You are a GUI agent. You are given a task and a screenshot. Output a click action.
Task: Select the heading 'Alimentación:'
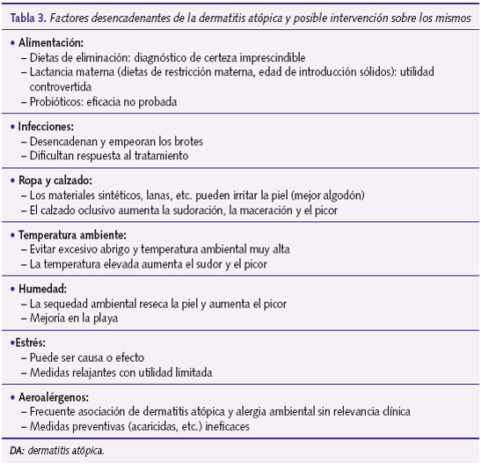tap(49, 42)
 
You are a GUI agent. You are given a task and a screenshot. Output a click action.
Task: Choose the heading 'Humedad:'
tap(41, 289)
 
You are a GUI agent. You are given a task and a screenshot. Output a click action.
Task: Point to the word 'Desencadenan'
tap(62, 141)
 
